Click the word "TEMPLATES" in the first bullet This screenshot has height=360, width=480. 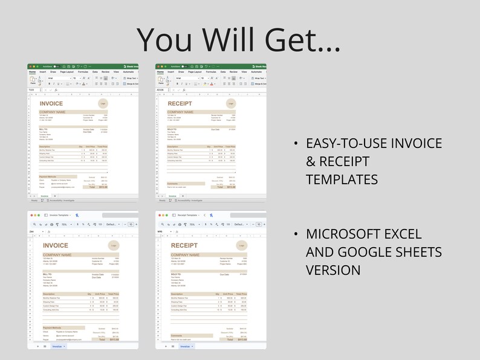342,179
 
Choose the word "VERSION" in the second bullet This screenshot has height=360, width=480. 333,269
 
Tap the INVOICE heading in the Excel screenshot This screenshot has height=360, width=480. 51,103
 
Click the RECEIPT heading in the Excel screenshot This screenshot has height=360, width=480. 180,103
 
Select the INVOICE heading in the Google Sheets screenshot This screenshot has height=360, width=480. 56,245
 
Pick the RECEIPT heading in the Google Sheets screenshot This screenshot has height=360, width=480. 184,245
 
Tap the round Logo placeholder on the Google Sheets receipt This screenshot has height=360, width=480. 241,246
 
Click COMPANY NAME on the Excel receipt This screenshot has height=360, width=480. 180,112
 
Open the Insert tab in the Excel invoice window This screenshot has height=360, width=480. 43,71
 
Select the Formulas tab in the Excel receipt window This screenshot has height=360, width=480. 210,71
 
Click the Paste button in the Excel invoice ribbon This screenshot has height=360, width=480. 33,79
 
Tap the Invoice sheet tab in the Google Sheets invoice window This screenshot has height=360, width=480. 57,347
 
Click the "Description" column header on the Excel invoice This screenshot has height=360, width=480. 45,146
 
